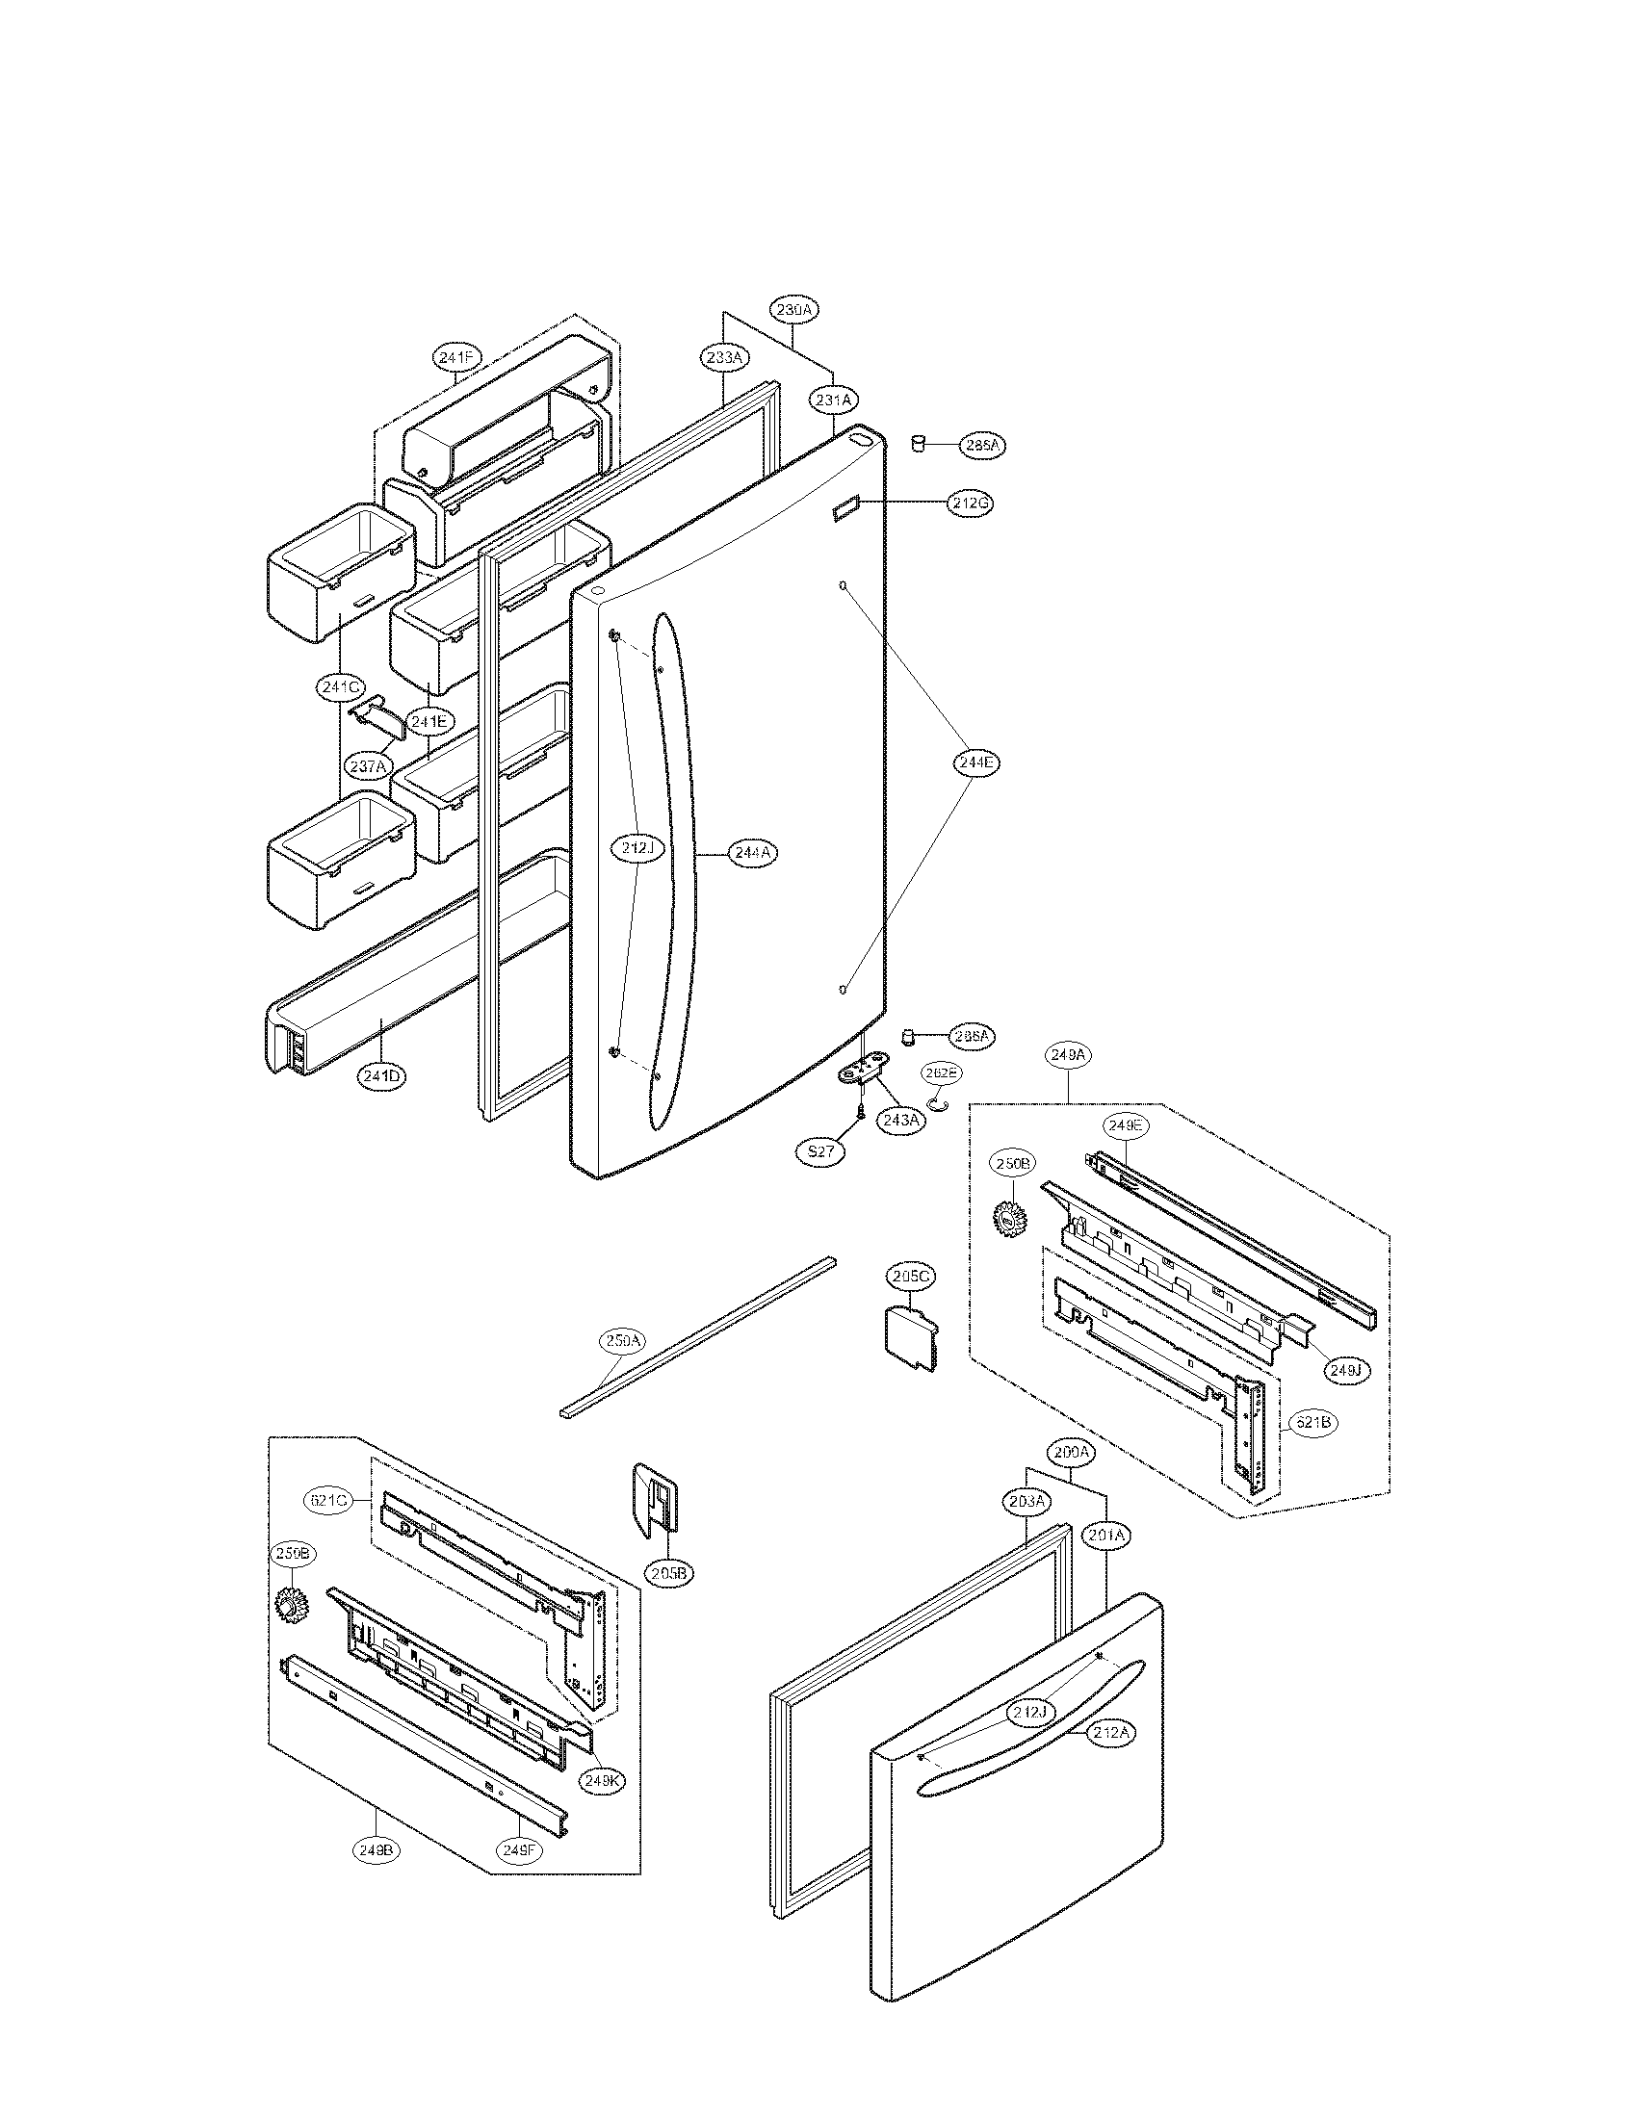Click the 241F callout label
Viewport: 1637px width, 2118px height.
click(455, 358)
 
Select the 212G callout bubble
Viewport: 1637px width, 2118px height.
click(971, 504)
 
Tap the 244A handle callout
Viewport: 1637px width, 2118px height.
click(753, 852)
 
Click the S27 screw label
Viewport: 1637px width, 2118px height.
click(820, 1153)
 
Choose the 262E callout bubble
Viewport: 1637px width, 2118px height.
click(941, 1073)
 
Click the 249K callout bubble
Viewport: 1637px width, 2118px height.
click(603, 1780)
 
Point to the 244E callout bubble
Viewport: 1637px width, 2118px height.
click(974, 762)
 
